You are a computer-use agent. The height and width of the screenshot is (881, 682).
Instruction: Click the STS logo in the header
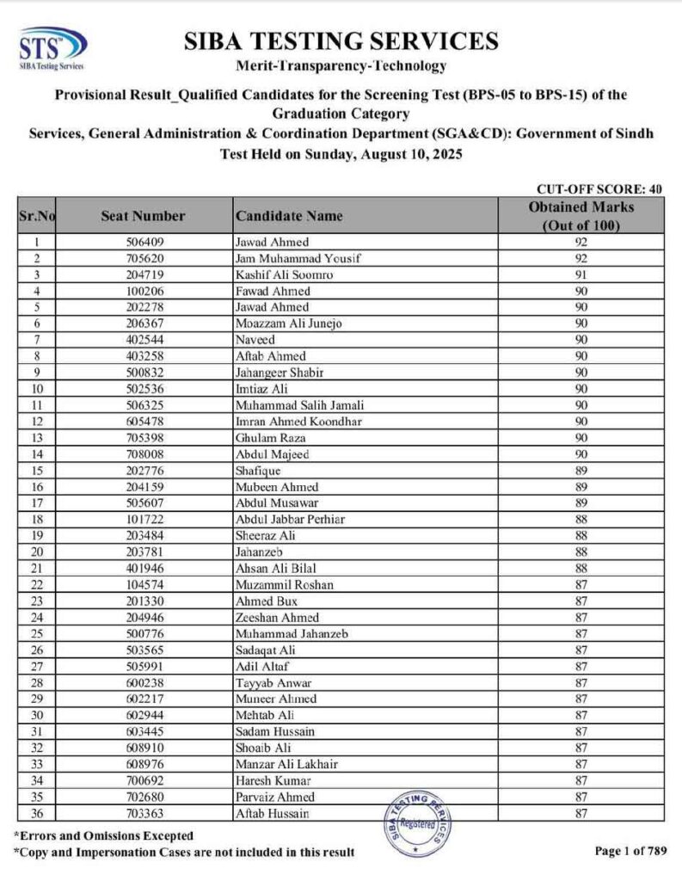point(52,49)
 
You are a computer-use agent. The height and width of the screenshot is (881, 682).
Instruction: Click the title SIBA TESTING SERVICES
point(341,41)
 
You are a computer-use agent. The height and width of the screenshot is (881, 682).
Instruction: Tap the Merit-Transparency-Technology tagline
point(341,66)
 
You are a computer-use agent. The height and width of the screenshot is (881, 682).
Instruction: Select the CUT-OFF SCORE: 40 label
point(599,189)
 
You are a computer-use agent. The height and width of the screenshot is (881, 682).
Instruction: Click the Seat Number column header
point(142,217)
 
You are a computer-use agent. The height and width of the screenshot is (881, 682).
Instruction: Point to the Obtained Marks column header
point(581,216)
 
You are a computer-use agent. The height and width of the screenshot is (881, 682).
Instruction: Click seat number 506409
point(144,242)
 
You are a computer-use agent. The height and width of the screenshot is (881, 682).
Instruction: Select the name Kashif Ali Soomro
point(284,274)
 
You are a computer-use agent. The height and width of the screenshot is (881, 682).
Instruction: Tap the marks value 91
point(581,274)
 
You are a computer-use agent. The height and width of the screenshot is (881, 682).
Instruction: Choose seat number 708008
point(144,454)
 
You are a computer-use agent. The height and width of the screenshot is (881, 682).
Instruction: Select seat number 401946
point(144,569)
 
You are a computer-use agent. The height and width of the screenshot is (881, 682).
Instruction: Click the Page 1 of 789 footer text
point(629,851)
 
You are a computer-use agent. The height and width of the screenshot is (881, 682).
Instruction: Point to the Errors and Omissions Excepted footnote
point(103,835)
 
